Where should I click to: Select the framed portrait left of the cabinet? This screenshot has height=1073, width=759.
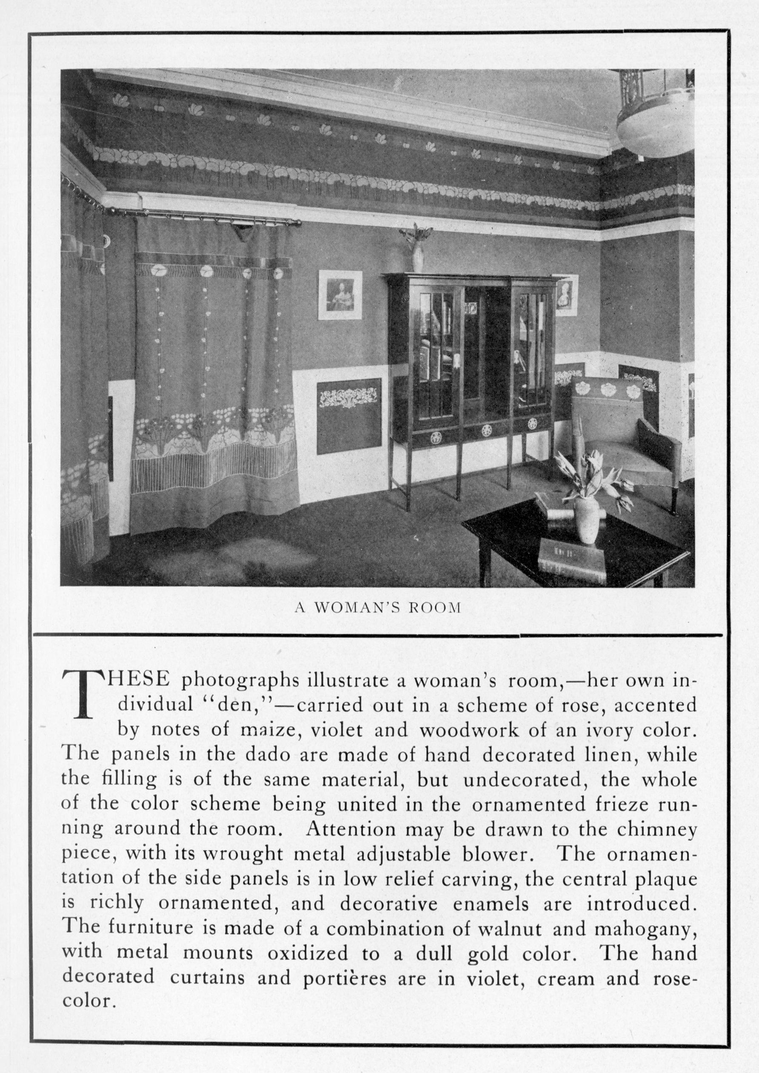click(x=340, y=295)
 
